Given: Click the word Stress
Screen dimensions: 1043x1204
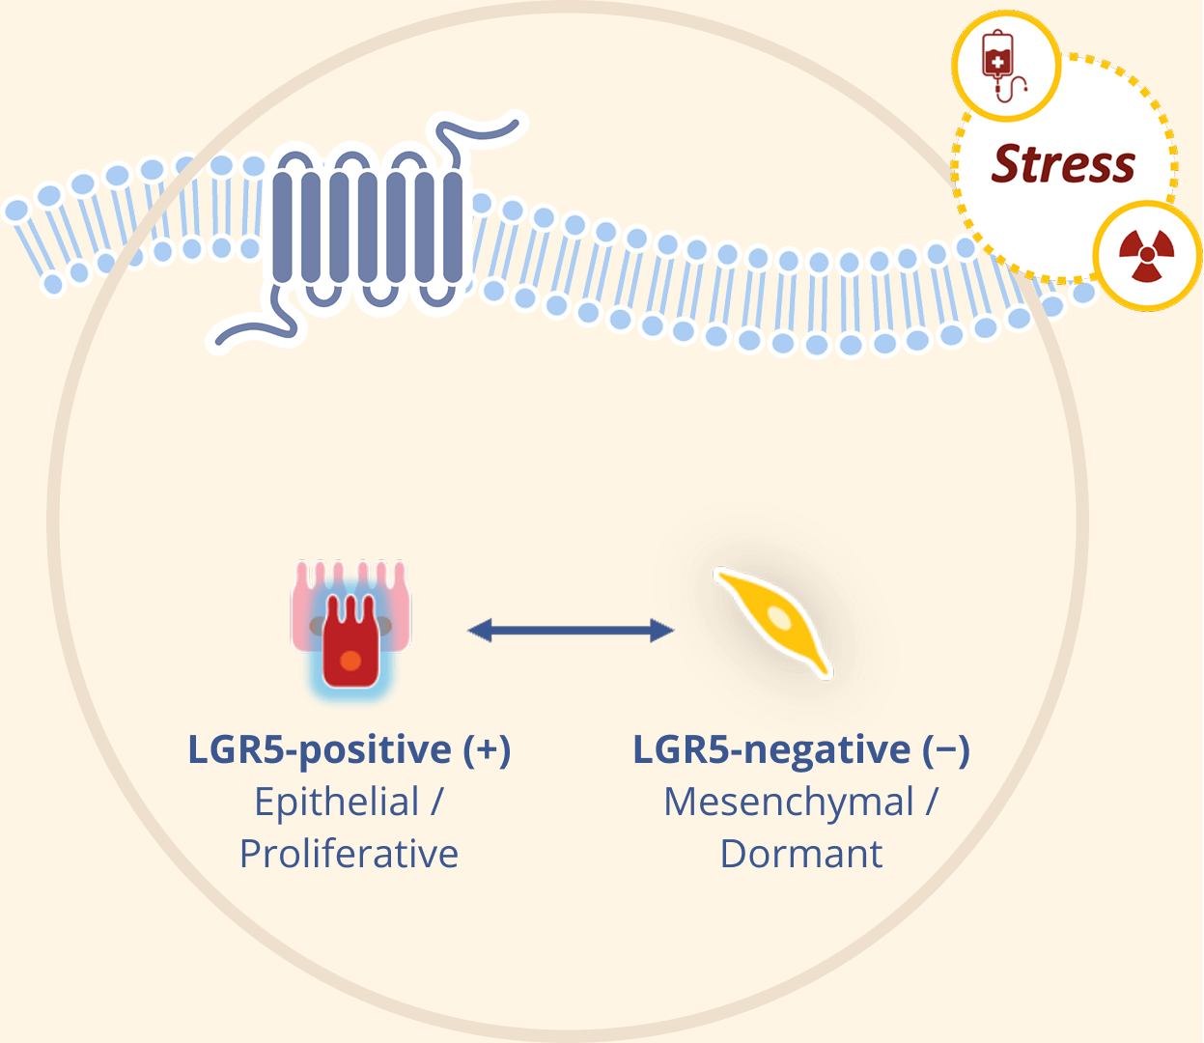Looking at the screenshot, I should (1063, 164).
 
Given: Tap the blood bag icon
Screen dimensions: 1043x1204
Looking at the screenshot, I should (1000, 64).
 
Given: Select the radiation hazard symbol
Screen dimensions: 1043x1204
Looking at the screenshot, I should (1146, 256).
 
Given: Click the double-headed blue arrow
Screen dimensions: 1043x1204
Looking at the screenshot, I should (571, 631).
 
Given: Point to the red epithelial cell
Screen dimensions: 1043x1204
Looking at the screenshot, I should (350, 642).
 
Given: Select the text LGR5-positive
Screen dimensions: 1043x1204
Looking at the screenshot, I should (320, 750).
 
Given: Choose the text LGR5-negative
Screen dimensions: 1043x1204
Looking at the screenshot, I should (771, 750).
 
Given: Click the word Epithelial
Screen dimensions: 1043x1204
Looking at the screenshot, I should (337, 802).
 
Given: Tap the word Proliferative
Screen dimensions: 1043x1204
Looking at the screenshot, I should (350, 854).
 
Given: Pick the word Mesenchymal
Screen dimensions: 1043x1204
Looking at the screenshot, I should (789, 802).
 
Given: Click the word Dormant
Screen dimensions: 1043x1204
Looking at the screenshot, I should (801, 854).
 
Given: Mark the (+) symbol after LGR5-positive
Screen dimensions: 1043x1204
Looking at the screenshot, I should (487, 750).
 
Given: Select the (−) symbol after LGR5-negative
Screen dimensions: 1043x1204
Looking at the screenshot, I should (946, 750).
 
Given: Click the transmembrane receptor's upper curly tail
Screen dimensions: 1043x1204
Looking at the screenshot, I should (476, 131).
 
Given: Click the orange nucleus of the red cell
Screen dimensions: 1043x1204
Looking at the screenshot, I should (350, 662).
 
